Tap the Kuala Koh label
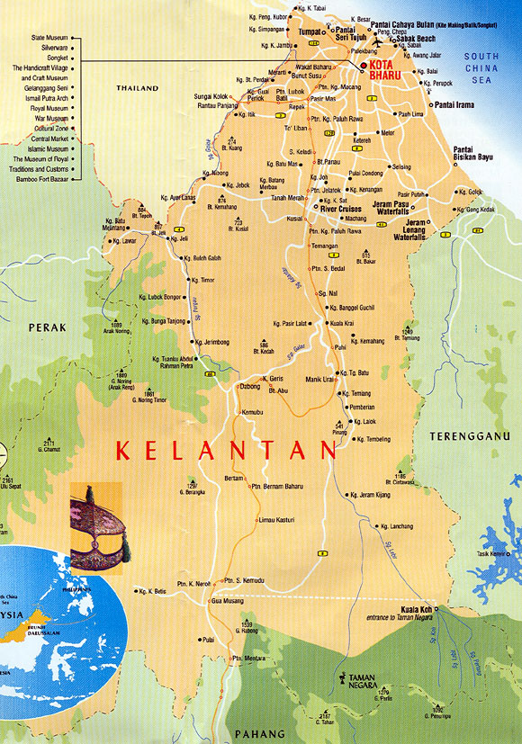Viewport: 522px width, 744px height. coord(411,608)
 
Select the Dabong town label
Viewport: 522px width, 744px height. coord(248,386)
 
